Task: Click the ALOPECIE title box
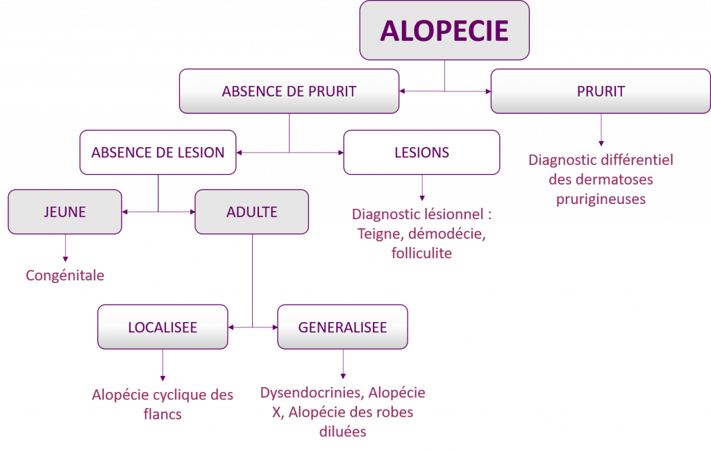[444, 31]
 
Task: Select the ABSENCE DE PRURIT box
[289, 91]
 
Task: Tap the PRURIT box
[601, 91]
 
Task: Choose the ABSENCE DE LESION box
[158, 153]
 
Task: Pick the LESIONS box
[421, 153]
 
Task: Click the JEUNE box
[65, 212]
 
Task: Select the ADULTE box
[252, 212]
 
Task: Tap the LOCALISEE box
[162, 327]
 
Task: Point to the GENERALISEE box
[342, 327]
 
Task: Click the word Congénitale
[65, 275]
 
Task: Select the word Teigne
[376, 234]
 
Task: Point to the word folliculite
[421, 253]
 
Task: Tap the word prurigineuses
[601, 199]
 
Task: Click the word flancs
[162, 414]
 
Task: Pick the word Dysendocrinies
[312, 393]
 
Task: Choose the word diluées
[342, 432]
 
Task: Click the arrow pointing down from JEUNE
[65, 248]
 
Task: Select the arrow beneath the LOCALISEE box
[162, 365]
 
